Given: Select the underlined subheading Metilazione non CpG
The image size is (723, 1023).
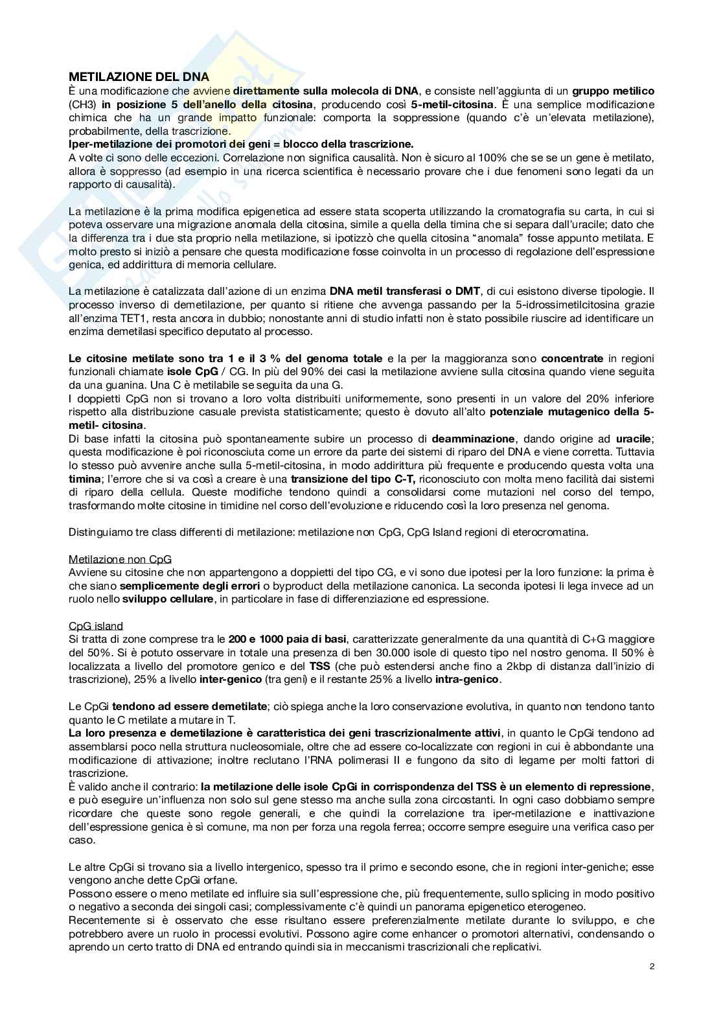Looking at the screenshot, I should point(120,558).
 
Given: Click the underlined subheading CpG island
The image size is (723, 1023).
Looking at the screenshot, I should point(96,626).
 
